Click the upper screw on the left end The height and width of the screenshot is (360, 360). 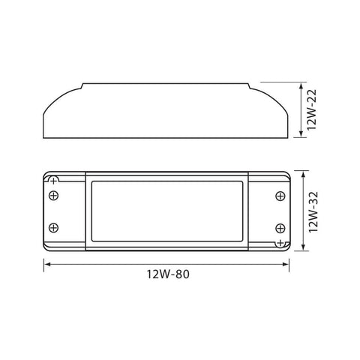53,196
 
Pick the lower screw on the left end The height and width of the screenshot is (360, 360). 53,227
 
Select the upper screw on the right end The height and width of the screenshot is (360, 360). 280,196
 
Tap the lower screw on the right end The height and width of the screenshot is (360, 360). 280,227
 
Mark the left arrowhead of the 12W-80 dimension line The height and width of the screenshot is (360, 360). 45,263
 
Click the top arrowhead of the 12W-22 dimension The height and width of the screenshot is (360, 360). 301,85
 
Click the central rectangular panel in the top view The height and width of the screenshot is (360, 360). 166,211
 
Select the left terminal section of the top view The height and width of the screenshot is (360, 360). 64,211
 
